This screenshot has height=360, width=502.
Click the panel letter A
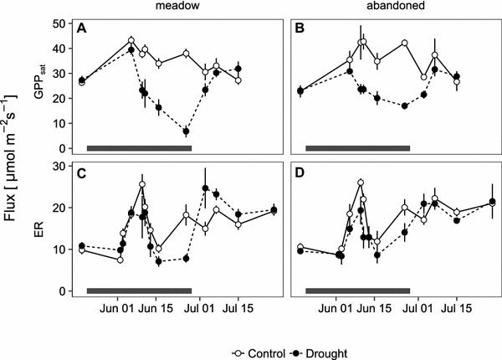(82, 28)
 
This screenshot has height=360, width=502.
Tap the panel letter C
(82, 174)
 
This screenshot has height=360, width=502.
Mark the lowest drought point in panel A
(186, 131)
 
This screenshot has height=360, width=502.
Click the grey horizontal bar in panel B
(357, 148)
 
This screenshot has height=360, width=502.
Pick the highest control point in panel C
(142, 184)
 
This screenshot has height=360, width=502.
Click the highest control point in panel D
(360, 183)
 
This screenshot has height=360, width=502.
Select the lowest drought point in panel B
(404, 106)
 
